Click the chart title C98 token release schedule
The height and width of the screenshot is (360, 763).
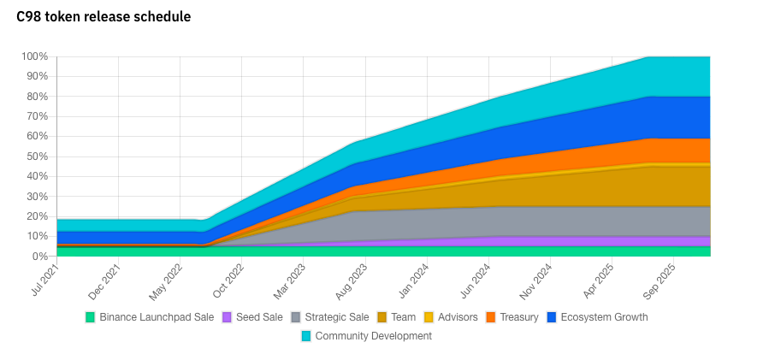(104, 17)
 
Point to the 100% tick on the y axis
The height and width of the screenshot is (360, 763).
(35, 56)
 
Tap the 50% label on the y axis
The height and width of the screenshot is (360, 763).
(38, 156)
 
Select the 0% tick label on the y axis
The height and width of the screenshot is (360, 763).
(40, 257)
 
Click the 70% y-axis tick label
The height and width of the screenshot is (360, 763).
(38, 116)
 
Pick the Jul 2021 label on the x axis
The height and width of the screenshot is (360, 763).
(46, 280)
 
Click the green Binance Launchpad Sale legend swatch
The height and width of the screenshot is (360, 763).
(91, 317)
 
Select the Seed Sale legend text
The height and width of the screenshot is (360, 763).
(259, 317)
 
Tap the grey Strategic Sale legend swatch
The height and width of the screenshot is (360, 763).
(296, 317)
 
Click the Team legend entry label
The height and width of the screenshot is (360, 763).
(403, 317)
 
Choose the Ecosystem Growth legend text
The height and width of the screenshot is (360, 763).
(604, 317)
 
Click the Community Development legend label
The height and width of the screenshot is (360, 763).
(374, 336)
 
